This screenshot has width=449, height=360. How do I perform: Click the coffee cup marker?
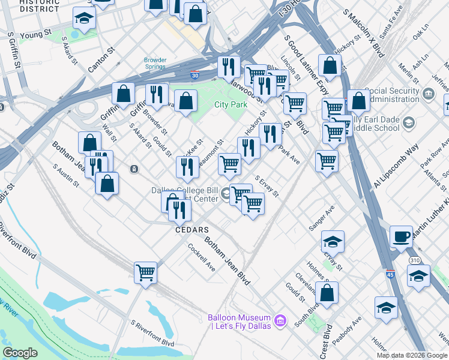coord(401,236)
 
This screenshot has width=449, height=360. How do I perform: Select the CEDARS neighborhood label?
coord(191,230)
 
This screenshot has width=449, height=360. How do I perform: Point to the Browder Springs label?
coord(155,63)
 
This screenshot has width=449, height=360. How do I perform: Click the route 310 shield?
coord(415,260)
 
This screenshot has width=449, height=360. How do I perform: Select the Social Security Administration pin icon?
coord(428,94)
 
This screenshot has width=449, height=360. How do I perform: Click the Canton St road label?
coord(101,59)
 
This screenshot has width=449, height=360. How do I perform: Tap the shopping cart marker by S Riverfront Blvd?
coord(145,272)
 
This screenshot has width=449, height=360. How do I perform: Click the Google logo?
coord(20,353)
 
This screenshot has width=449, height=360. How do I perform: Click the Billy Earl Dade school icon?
coord(409,124)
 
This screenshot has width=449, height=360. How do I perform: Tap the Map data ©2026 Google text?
coord(412,355)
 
